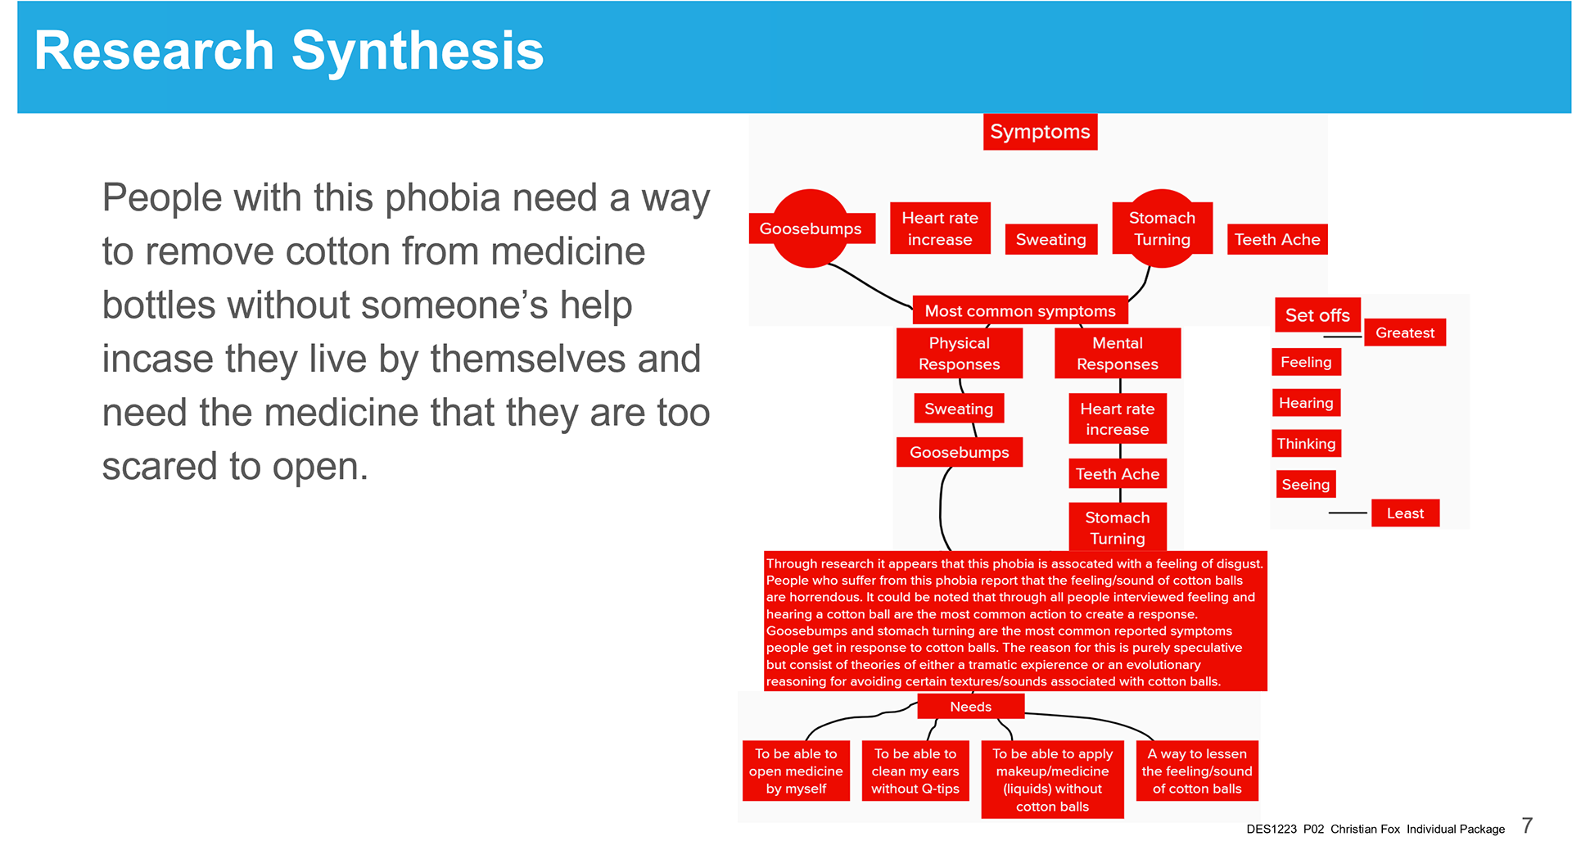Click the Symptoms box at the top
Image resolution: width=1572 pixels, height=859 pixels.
(1040, 132)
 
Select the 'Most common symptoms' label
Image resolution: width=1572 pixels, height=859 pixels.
(1019, 311)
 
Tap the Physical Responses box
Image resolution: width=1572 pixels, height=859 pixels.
(959, 353)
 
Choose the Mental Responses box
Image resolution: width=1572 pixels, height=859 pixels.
(1117, 353)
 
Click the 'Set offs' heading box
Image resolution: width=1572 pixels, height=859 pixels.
(1317, 315)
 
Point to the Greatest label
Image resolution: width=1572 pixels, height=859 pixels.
(1404, 332)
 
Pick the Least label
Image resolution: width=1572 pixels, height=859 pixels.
(1405, 513)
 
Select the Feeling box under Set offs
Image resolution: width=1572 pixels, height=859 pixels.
(1305, 362)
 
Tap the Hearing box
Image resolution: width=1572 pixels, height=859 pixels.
(1305, 403)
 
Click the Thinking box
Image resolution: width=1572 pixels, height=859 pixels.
(1305, 444)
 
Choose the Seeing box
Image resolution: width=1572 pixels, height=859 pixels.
(1305, 485)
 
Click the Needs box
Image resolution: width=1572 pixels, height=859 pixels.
(970, 707)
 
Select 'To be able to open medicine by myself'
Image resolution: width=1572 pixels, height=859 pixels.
(796, 771)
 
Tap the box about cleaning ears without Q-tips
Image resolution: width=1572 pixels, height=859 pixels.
(915, 771)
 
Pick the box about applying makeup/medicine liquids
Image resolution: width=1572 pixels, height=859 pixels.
(1052, 780)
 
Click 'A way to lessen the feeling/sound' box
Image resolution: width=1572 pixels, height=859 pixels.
(1197, 771)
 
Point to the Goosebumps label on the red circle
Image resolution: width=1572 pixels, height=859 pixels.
(810, 228)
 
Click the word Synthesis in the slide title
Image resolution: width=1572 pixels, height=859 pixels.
(418, 51)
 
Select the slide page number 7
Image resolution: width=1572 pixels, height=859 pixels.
(1527, 825)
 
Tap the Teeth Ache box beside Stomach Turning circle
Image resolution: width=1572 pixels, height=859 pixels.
(1276, 239)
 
